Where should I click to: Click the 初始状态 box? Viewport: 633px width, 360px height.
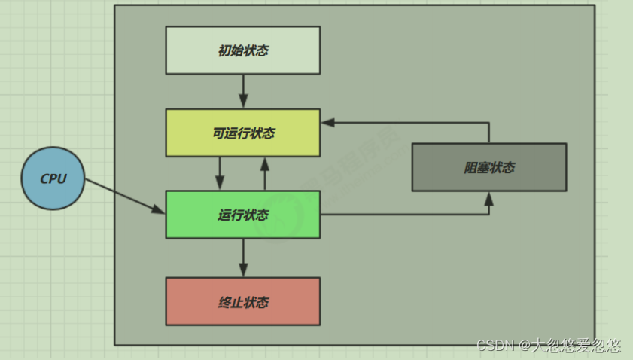click(242, 50)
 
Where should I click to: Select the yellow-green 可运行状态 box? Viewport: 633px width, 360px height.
click(242, 133)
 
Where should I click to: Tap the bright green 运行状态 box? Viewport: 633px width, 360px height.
click(242, 215)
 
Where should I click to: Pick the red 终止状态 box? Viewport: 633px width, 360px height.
click(242, 301)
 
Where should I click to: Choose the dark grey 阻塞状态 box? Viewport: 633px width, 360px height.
click(488, 167)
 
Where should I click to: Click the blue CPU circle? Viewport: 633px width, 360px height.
click(53, 178)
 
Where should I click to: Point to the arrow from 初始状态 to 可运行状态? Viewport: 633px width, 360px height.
click(242, 91)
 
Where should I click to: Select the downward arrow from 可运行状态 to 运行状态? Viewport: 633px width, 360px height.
click(220, 173)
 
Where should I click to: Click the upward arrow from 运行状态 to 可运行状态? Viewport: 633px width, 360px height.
click(265, 173)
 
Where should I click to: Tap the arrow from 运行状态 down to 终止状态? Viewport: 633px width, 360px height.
click(242, 258)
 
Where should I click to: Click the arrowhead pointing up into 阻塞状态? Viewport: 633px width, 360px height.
click(488, 198)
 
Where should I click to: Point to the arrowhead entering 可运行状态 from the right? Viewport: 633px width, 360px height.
click(328, 122)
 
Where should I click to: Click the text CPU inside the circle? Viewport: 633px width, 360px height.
click(53, 179)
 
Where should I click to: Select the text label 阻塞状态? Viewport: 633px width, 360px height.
click(489, 168)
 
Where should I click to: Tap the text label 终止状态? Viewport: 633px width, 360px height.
click(243, 302)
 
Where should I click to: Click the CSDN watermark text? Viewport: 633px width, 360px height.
click(549, 346)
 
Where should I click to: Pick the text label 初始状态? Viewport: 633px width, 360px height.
click(243, 51)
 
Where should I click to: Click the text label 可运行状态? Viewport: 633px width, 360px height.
click(243, 133)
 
